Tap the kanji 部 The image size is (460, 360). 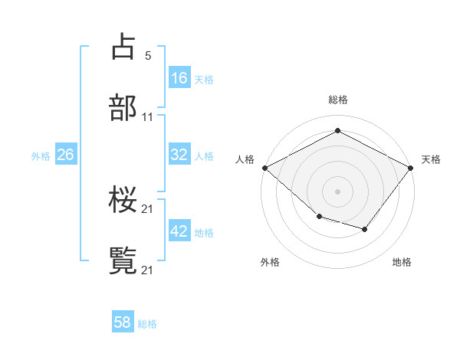click(123, 108)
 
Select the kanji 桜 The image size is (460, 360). click(123, 201)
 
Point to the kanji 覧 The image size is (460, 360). click(123, 260)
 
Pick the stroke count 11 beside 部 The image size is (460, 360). click(148, 117)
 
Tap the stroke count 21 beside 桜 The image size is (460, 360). click(148, 209)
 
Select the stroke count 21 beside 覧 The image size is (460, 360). click(148, 269)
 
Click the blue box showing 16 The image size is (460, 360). click(179, 77)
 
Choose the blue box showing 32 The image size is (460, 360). click(179, 155)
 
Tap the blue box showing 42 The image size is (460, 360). click(179, 231)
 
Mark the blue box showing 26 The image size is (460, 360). click(65, 155)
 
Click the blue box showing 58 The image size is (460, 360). click(123, 322)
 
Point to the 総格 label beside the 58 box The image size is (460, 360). click(147, 324)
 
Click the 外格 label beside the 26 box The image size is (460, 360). click(41, 156)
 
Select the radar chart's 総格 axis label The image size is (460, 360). click(337, 100)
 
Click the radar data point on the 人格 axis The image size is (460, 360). click(264, 168)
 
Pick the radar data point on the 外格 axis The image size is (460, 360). click(319, 217)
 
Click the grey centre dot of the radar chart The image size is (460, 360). click(337, 191)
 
